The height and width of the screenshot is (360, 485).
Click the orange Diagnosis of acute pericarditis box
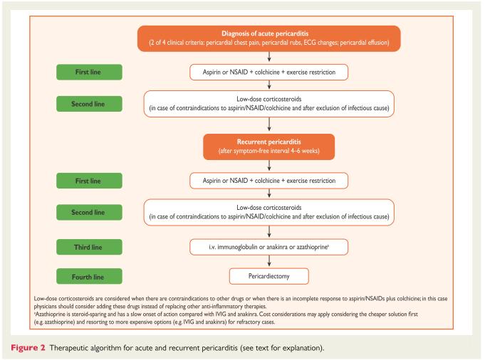[x=269, y=38]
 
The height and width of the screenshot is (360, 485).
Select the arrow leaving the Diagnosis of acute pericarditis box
[x=269, y=56]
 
